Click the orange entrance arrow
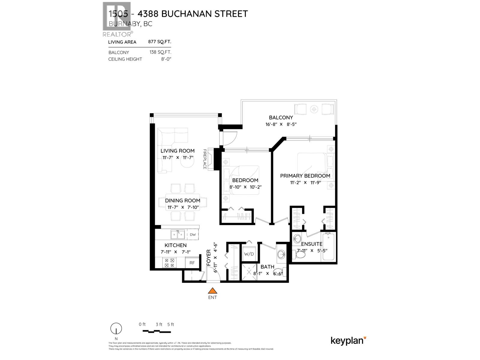pos(212,290)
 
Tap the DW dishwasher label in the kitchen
pos(193,235)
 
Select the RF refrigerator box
pos(192,263)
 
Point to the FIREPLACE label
pos(205,159)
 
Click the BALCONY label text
pos(281,118)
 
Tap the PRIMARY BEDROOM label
pos(305,176)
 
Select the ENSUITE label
pos(312,244)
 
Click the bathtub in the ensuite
pos(328,247)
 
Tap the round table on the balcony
pos(314,109)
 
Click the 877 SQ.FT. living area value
pos(160,42)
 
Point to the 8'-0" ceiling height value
pos(166,59)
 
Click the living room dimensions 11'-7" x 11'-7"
pos(178,157)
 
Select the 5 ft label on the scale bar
pos(170,324)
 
